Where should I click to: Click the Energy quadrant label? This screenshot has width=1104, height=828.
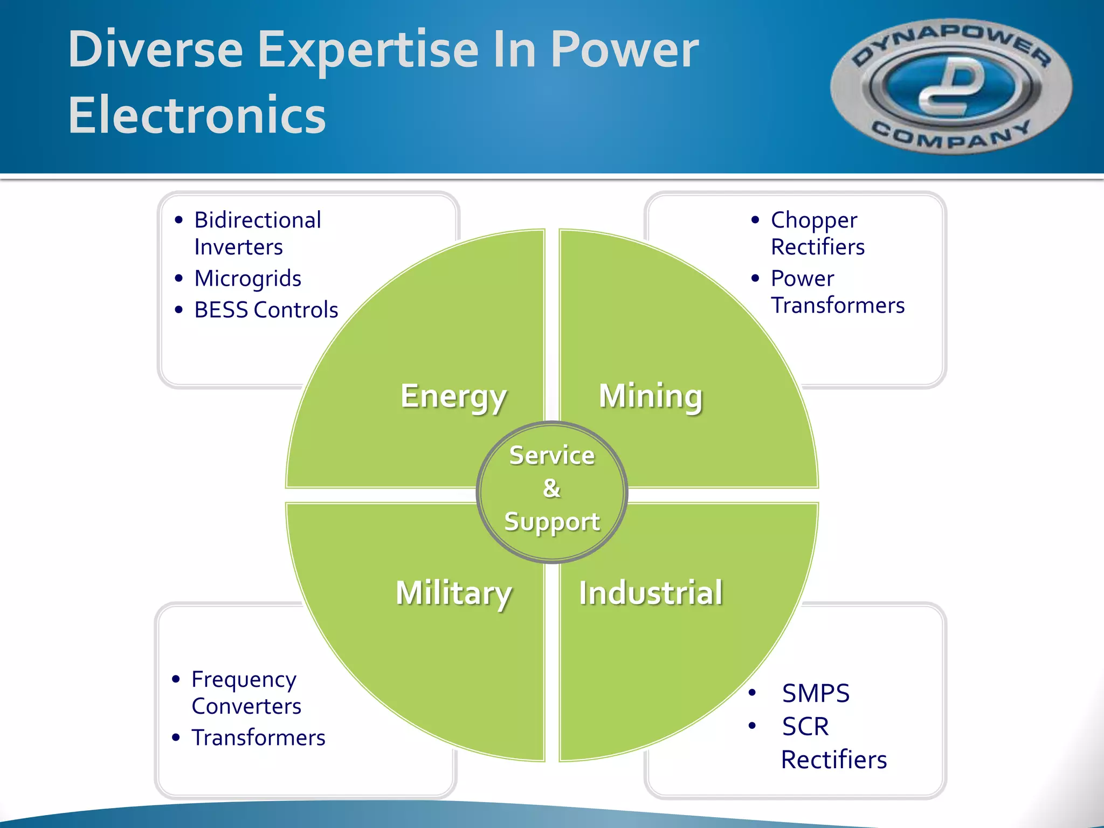pyautogui.click(x=453, y=397)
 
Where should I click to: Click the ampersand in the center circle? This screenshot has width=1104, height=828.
pyautogui.click(x=551, y=488)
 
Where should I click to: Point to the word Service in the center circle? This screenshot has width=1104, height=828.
pyautogui.click(x=552, y=456)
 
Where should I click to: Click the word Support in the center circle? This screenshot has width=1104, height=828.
pyautogui.click(x=552, y=522)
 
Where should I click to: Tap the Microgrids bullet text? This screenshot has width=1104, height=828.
pyautogui.click(x=247, y=279)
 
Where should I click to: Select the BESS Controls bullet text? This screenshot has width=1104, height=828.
pyautogui.click(x=266, y=310)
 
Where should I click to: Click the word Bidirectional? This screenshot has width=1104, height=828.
pyautogui.click(x=258, y=220)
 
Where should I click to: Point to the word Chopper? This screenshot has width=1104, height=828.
pyautogui.click(x=813, y=220)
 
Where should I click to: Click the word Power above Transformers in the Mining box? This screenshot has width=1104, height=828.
pyautogui.click(x=802, y=279)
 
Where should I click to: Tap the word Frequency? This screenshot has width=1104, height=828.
pyautogui.click(x=244, y=680)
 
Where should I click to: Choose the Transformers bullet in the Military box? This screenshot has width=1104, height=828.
pyautogui.click(x=258, y=737)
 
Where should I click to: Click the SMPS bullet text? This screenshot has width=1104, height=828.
pyautogui.click(x=816, y=693)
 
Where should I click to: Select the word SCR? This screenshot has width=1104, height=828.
pyautogui.click(x=805, y=726)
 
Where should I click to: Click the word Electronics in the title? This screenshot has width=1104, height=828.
pyautogui.click(x=197, y=115)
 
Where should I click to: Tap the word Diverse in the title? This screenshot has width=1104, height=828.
pyautogui.click(x=155, y=50)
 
